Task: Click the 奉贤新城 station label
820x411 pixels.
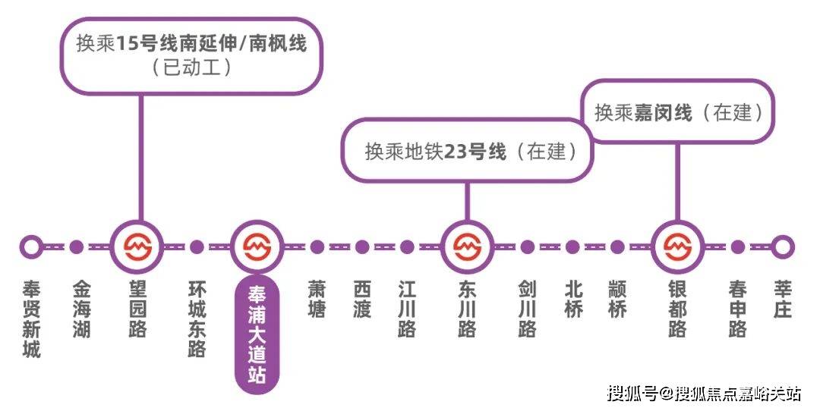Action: pyautogui.click(x=31, y=319)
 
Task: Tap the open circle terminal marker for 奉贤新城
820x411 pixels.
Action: pyautogui.click(x=31, y=246)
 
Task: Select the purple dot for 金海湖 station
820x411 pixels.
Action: pyautogui.click(x=77, y=246)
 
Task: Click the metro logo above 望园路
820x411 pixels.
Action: pyautogui.click(x=138, y=246)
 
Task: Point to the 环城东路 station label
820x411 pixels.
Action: pyautogui.click(x=197, y=319)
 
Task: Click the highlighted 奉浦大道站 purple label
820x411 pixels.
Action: pyautogui.click(x=257, y=334)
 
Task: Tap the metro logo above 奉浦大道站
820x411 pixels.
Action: pyautogui.click(x=257, y=246)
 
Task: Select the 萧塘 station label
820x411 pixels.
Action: pyautogui.click(x=317, y=300)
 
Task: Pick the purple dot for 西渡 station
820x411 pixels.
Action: pyautogui.click(x=362, y=246)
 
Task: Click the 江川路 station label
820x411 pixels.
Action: pyautogui.click(x=408, y=309)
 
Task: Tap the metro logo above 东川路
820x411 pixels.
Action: pyautogui.click(x=467, y=246)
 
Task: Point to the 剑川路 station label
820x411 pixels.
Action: pyautogui.click(x=527, y=309)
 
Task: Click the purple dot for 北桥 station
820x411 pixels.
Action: pyautogui.click(x=572, y=246)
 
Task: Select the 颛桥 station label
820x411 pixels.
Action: pyautogui.click(x=617, y=300)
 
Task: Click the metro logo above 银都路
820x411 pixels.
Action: pyautogui.click(x=678, y=246)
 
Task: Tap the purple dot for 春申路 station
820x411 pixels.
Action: pyautogui.click(x=737, y=246)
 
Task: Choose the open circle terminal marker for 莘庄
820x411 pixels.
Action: pyautogui.click(x=783, y=246)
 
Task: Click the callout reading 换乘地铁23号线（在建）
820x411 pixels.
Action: pyautogui.click(x=467, y=151)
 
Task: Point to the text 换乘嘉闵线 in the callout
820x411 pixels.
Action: pyautogui.click(x=643, y=112)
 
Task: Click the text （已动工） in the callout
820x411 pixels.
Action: pyautogui.click(x=192, y=67)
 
